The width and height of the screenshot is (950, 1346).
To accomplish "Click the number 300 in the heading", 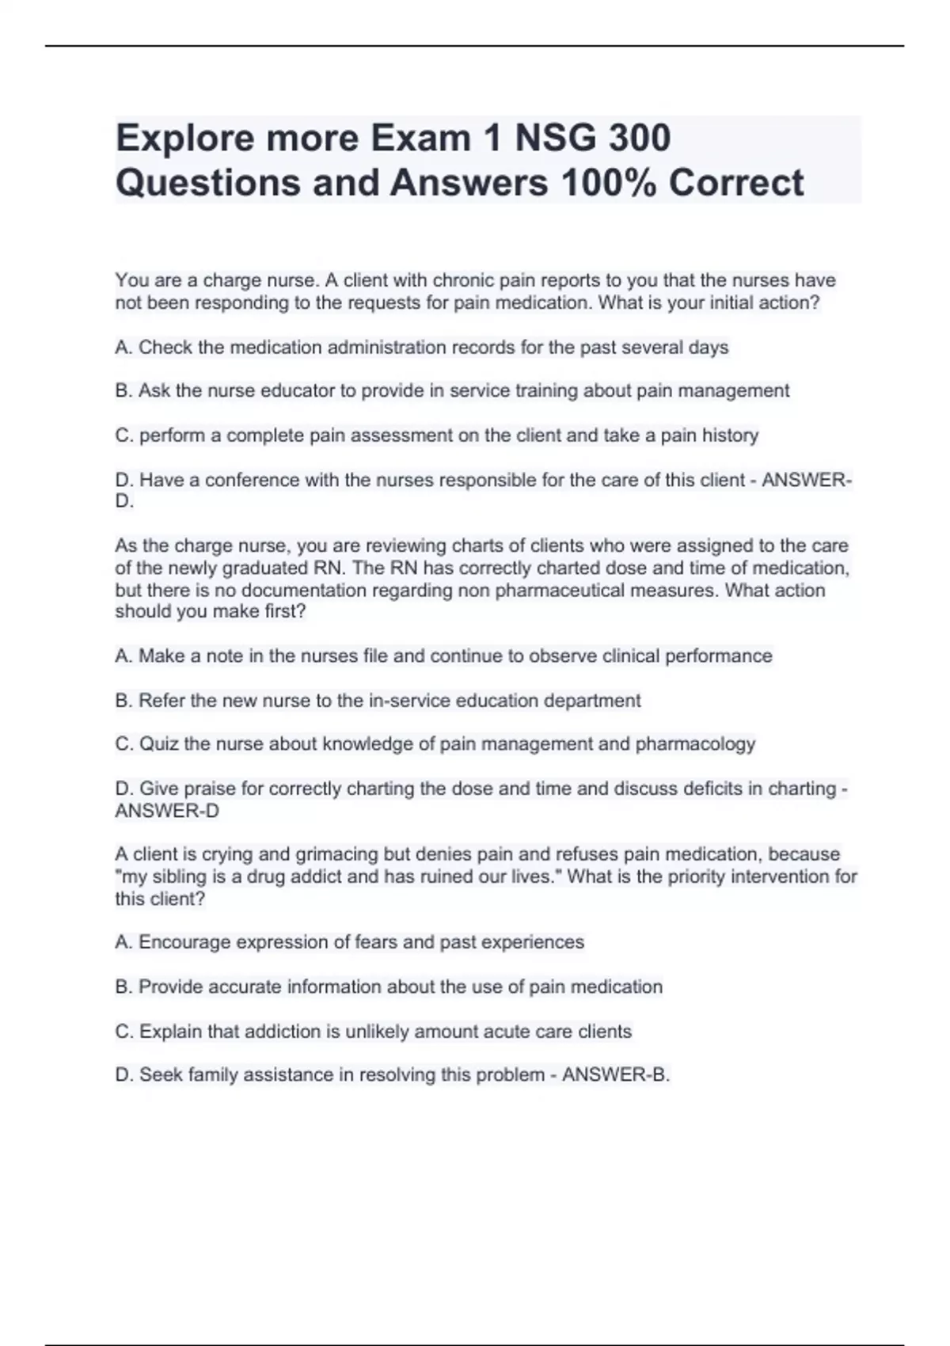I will (639, 138).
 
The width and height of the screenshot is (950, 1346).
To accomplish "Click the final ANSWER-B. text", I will (615, 1075).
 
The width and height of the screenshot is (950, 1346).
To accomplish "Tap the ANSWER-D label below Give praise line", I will (167, 811).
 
